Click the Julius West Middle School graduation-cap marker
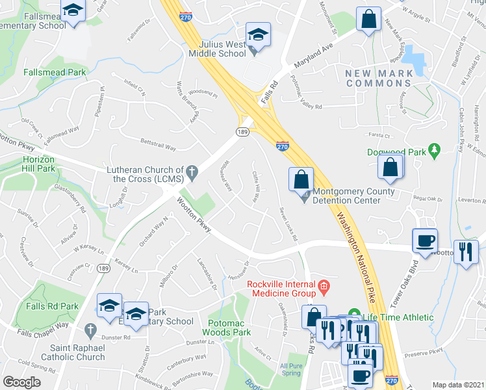258,36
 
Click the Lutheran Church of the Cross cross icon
191,172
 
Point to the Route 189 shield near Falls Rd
242,132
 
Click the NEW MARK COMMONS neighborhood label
379,78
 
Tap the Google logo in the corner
21,382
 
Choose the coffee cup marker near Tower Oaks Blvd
425,240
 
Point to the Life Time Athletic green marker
354,317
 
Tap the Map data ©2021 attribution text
458,385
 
